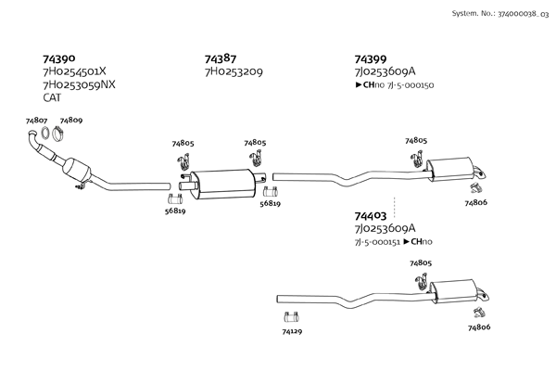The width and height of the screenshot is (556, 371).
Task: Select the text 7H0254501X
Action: [x=74, y=70]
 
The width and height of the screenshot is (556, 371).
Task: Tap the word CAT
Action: [x=53, y=96]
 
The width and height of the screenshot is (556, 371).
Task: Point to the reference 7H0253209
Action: [x=234, y=70]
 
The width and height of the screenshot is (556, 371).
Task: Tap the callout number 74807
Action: [x=37, y=121]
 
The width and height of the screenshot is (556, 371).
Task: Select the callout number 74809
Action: [x=71, y=121]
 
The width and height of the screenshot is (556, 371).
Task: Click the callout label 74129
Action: [x=293, y=330]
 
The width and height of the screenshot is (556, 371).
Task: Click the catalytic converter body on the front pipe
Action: [x=75, y=171]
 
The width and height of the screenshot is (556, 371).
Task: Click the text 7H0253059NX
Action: [x=79, y=83]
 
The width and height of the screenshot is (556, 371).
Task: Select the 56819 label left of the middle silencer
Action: [x=174, y=211]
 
